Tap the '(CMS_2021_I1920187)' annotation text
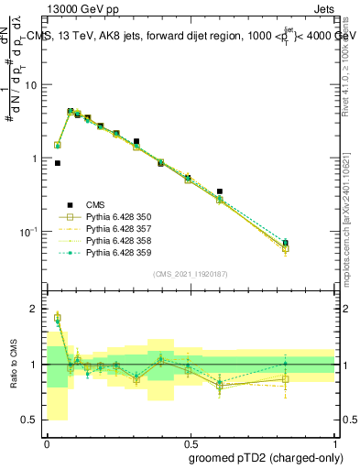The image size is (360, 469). pyautogui.click(x=190, y=274)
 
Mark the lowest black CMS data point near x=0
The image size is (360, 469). pyautogui.click(x=58, y=163)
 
